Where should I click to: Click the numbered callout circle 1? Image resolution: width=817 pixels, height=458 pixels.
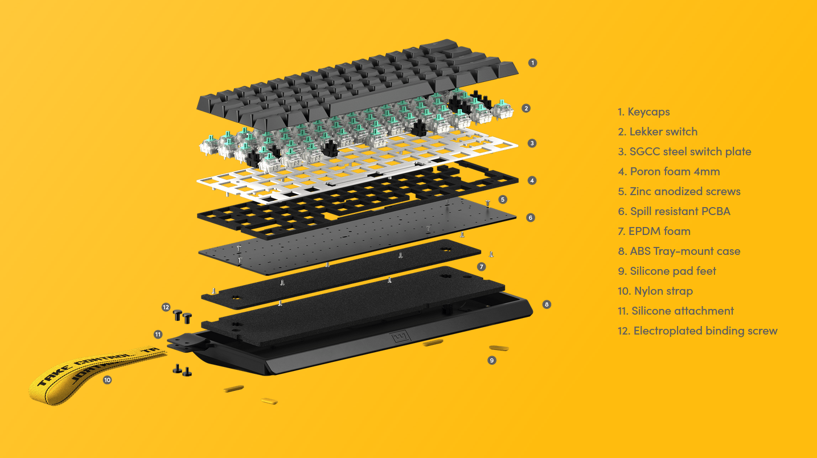coord(532,63)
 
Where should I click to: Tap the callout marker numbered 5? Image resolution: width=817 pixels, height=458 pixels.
coord(503,199)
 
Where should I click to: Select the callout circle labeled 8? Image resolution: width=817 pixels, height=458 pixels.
coord(547,304)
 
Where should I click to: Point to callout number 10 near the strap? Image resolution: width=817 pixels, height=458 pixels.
coord(107,380)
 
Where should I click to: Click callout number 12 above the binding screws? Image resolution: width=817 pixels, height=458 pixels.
coord(166,307)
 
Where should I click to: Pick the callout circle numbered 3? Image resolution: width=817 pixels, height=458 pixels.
coord(532,143)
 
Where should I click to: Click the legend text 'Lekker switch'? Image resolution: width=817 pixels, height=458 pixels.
coord(663,131)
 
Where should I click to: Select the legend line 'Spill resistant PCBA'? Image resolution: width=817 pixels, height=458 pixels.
coord(680,211)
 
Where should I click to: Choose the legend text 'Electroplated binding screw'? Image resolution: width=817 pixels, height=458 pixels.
coord(705,331)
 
